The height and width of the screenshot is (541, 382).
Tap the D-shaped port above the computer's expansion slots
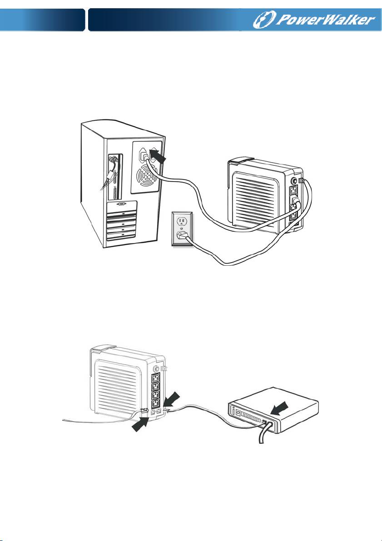121,205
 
